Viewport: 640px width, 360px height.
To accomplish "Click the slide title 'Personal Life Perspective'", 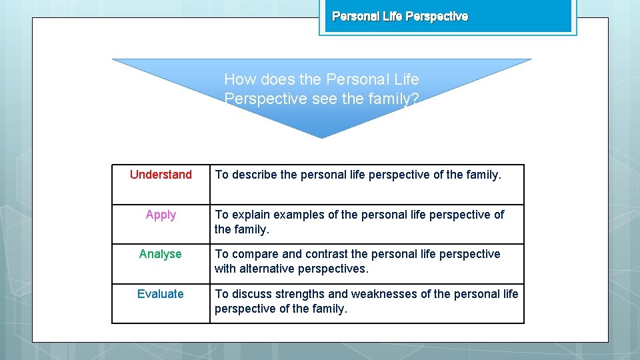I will click(400, 16).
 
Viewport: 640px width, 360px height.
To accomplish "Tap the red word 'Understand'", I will click(161, 175).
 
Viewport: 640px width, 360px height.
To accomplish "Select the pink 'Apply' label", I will click(161, 215).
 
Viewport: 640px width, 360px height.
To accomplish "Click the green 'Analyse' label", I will click(160, 254).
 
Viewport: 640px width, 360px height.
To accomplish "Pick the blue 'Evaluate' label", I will click(160, 294).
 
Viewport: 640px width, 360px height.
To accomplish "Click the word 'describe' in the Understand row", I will click(254, 175).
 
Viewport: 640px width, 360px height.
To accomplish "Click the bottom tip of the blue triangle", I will click(322, 137).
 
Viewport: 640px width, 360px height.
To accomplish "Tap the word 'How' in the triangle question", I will click(240, 79).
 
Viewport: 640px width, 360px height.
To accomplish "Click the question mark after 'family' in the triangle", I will click(415, 99).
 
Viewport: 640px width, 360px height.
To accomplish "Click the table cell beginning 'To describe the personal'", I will click(367, 184).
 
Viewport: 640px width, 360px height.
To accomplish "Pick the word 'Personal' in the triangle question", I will click(357, 79).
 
